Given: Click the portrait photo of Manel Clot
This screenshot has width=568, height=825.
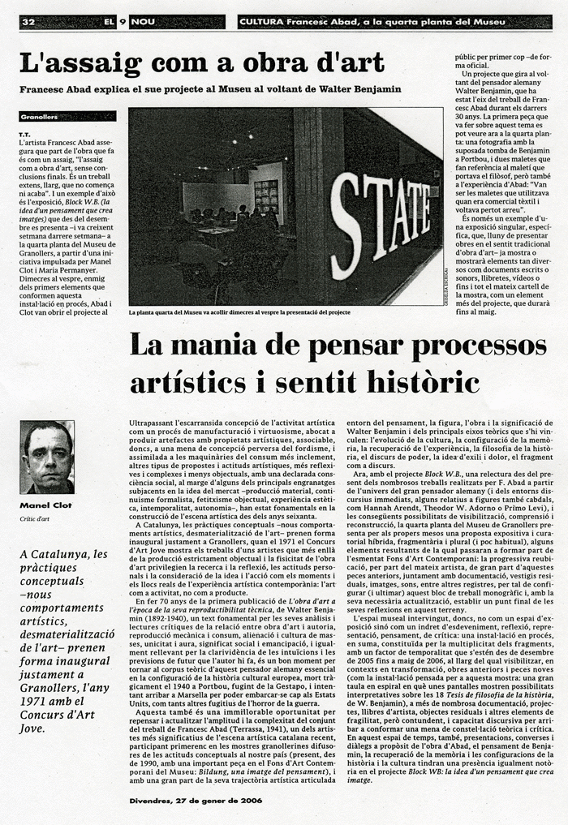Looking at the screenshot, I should pos(46,457).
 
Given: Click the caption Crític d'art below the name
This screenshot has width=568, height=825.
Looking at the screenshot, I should pos(36,518).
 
